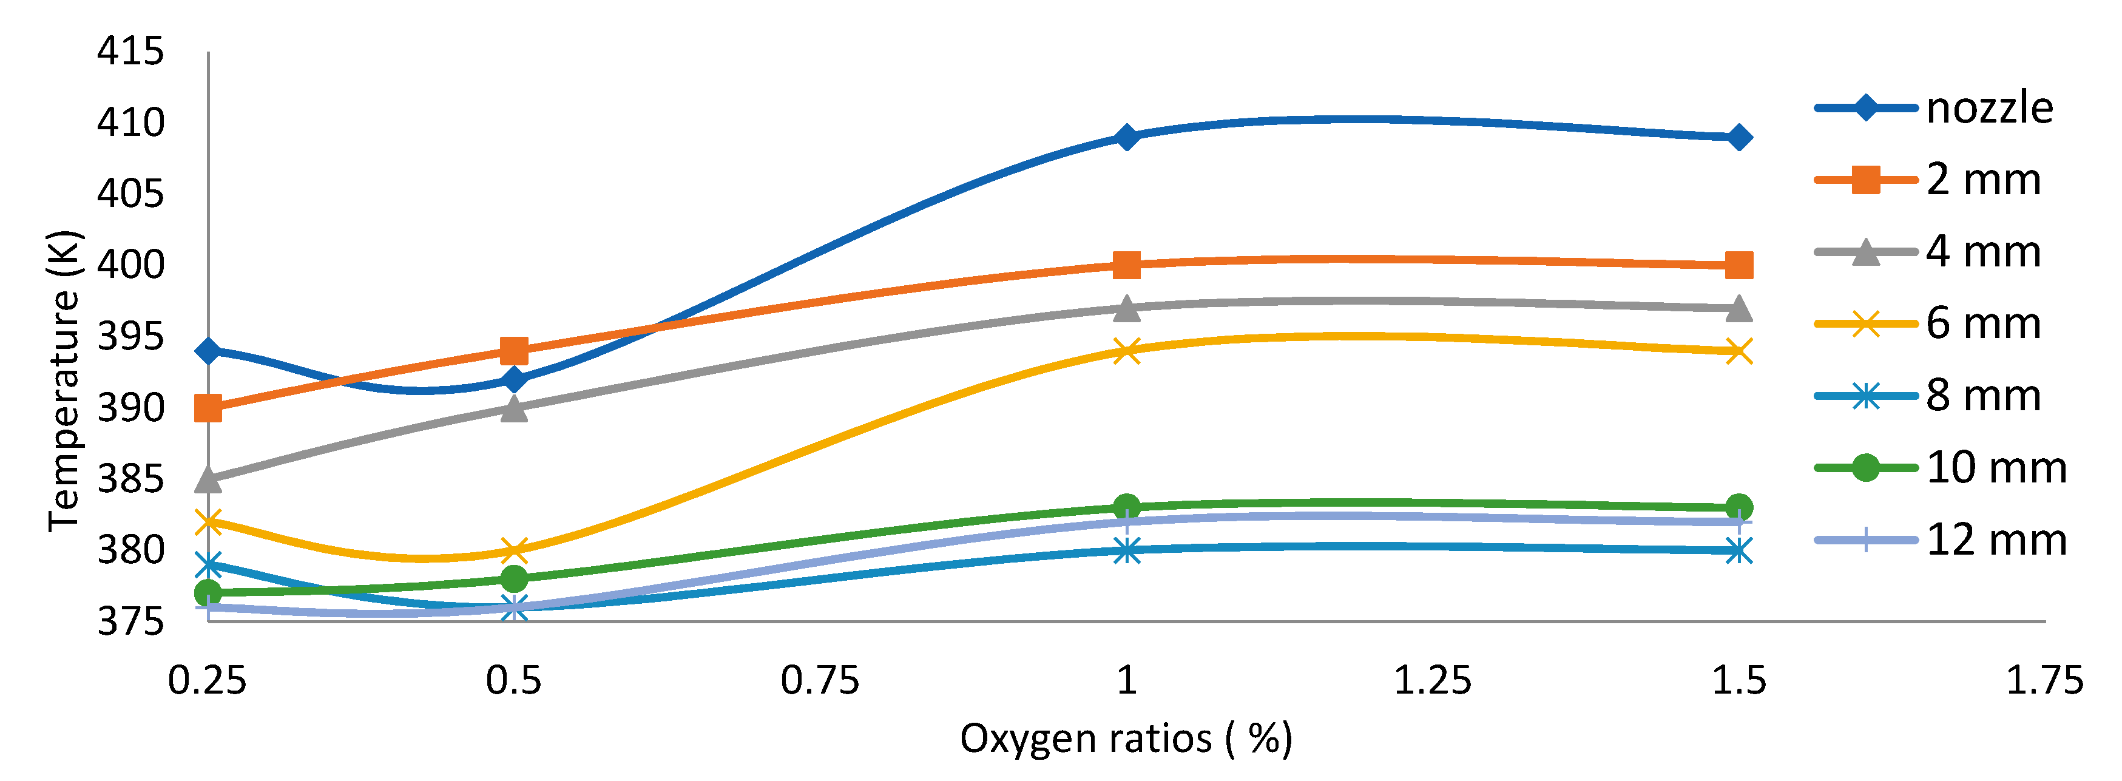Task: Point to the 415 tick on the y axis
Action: (130, 52)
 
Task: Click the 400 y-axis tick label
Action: (130, 265)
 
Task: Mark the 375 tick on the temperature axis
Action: (130, 621)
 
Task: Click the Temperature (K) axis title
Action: (64, 380)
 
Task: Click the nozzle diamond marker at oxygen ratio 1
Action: (1126, 137)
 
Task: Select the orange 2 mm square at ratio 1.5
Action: (1738, 265)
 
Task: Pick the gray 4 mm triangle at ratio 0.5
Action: (514, 408)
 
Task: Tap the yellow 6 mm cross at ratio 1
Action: (1126, 351)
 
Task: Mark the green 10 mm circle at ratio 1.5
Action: (1738, 507)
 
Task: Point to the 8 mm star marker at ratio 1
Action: (1126, 550)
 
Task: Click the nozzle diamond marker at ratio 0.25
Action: (208, 351)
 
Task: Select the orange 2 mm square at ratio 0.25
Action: (208, 408)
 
